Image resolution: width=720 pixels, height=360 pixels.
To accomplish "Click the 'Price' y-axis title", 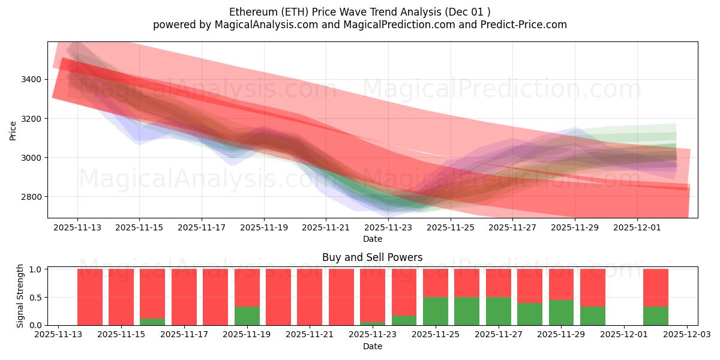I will pos(13,130).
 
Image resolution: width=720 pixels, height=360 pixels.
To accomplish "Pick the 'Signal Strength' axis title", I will pos(20,296).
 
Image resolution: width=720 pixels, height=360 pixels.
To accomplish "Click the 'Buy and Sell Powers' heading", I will pos(372,257).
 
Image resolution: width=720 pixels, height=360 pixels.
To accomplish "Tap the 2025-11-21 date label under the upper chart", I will pos(326,228).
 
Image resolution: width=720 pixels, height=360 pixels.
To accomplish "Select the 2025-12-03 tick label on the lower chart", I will pos(687,335).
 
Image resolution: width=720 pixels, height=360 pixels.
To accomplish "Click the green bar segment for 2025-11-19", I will pos(247,316).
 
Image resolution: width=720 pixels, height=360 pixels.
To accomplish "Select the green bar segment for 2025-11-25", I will pos(436,311).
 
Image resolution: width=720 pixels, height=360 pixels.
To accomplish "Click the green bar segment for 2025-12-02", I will pos(656,316).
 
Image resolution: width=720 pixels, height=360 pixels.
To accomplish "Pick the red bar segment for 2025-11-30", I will pos(593,287).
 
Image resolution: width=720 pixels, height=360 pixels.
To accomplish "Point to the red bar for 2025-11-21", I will pos(310,297).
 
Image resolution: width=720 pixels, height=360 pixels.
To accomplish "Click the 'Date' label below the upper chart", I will pos(372,239).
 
